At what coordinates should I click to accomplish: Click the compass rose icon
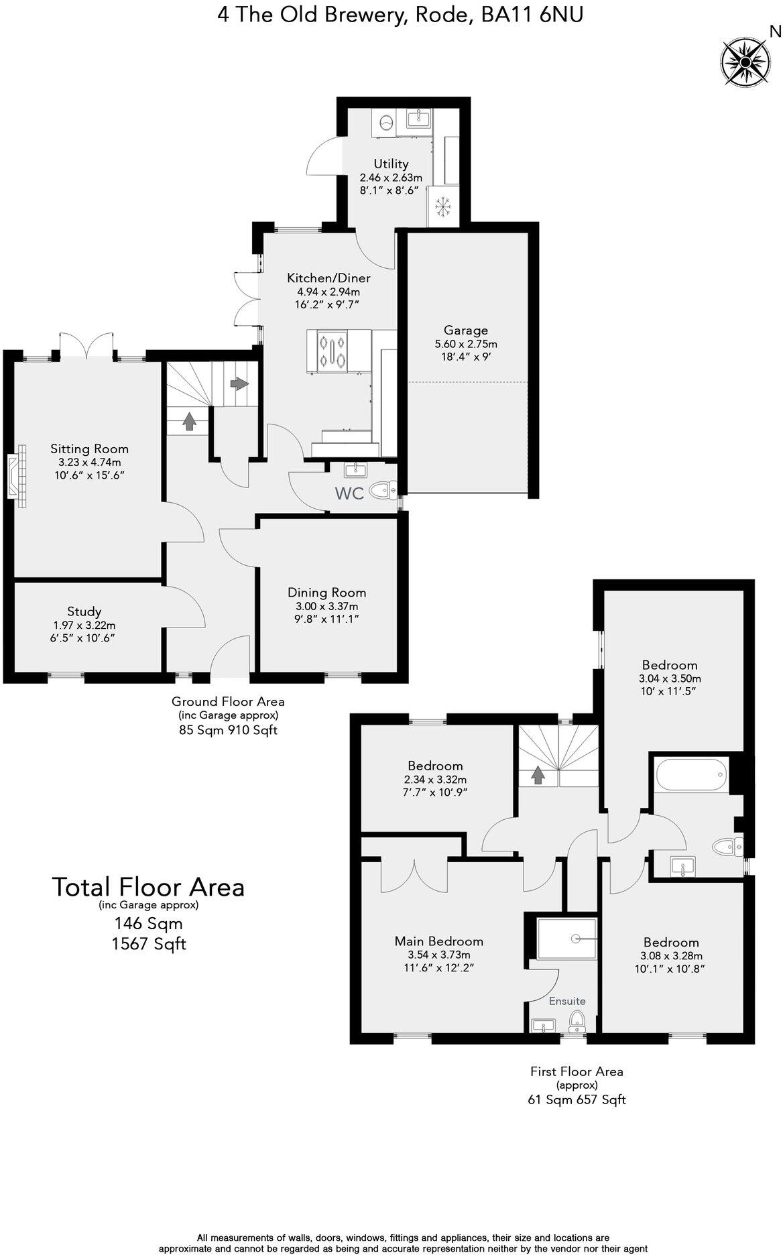click(745, 62)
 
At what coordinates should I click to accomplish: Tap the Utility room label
click(391, 164)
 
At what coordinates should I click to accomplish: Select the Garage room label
click(465, 330)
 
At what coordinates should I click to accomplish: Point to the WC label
click(349, 494)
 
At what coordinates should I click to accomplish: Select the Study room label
click(84, 611)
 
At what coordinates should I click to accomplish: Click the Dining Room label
click(326, 592)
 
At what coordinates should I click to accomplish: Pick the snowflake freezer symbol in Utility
click(442, 207)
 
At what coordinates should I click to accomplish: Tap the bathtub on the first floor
click(690, 776)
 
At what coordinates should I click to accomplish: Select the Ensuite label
click(567, 1001)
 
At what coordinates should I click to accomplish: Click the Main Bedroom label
click(438, 941)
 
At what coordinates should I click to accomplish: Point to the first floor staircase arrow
click(537, 775)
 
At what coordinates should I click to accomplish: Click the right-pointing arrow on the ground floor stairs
click(239, 383)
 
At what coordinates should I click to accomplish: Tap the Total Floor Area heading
click(148, 887)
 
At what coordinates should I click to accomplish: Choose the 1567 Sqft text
click(148, 944)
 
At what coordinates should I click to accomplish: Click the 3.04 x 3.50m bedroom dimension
click(669, 678)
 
